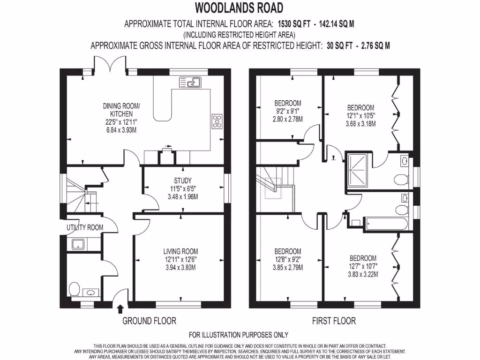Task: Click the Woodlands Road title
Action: [239, 8]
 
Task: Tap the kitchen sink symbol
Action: [190, 82]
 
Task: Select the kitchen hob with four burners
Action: [217, 121]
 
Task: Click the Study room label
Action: [183, 180]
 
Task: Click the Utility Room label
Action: [85, 228]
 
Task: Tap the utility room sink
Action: [78, 244]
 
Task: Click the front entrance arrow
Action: [120, 308]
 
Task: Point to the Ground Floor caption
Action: [149, 321]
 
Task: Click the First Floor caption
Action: [334, 321]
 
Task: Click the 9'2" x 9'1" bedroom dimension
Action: [287, 111]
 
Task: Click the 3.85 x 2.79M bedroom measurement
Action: [287, 268]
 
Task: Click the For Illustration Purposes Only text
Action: [238, 335]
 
